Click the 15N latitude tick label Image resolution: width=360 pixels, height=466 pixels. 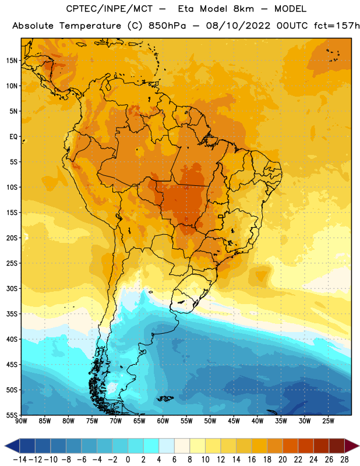click(12, 61)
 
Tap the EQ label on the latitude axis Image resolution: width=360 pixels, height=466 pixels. click(13, 137)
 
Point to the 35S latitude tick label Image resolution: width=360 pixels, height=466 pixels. click(12, 314)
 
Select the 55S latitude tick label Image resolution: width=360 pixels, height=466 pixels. click(12, 415)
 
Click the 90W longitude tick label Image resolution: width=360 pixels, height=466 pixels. click(21, 421)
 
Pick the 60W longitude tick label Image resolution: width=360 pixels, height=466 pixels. click(163, 421)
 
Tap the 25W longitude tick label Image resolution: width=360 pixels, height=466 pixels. click(328, 421)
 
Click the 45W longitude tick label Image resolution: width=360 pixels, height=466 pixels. click(234, 421)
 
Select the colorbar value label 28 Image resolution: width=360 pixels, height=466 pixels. click(344, 460)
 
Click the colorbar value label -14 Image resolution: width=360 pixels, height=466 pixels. click(20, 460)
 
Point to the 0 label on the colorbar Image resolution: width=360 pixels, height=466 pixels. click(128, 460)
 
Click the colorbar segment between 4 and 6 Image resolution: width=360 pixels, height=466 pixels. click(167, 446)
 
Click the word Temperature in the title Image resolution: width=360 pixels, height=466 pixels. click(90, 26)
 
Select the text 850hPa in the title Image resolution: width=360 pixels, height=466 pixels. click(167, 26)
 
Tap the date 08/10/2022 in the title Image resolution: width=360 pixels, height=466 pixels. click(238, 26)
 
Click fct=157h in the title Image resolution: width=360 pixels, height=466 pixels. click(337, 26)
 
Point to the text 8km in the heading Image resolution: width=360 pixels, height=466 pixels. click(243, 9)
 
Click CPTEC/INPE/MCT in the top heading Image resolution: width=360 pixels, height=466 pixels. click(109, 9)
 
